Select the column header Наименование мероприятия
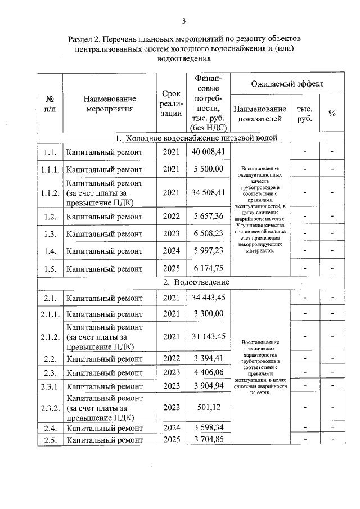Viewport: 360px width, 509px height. (x=110, y=103)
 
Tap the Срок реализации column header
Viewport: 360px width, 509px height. (x=171, y=103)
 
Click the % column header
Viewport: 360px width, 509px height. (x=332, y=114)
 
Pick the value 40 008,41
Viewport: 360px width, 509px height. (x=208, y=151)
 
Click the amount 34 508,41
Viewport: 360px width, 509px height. (x=208, y=192)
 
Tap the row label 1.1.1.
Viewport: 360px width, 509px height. (x=49, y=169)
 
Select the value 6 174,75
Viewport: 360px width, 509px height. (x=208, y=269)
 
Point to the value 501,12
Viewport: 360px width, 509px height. (x=208, y=407)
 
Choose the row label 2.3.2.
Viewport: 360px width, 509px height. (x=49, y=407)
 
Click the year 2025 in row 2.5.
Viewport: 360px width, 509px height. (x=172, y=440)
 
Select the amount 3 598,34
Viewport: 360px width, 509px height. (x=208, y=429)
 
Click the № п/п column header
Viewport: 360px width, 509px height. (x=49, y=103)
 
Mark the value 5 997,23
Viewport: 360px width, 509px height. (x=208, y=251)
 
